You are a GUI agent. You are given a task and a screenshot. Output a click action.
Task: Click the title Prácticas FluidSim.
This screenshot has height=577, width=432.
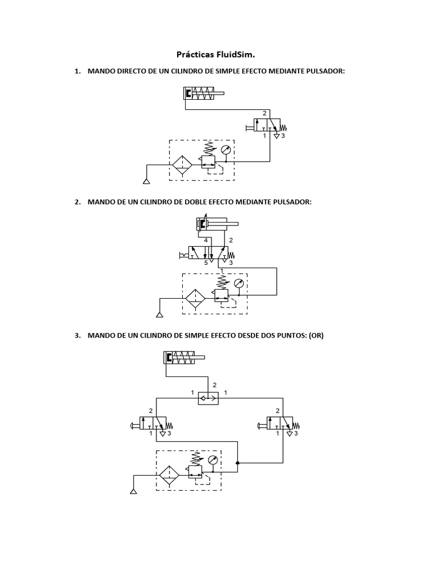click(215, 55)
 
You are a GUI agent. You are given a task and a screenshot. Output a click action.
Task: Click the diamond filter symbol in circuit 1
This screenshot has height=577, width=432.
click(182, 165)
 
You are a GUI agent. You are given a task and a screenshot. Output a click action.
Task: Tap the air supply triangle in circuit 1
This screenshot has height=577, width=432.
click(146, 181)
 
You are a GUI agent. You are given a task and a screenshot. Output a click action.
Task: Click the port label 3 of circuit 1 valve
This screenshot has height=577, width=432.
click(283, 136)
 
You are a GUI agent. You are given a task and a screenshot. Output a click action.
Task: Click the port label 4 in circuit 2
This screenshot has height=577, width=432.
click(206, 241)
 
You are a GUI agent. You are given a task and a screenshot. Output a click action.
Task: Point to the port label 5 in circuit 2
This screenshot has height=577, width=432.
click(205, 263)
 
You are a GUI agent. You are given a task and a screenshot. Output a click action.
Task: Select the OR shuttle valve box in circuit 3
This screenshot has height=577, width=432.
click(209, 398)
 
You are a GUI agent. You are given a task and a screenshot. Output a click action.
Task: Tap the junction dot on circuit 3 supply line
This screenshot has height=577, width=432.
click(238, 463)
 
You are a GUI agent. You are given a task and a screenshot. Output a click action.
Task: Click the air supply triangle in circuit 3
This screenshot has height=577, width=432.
click(133, 491)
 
